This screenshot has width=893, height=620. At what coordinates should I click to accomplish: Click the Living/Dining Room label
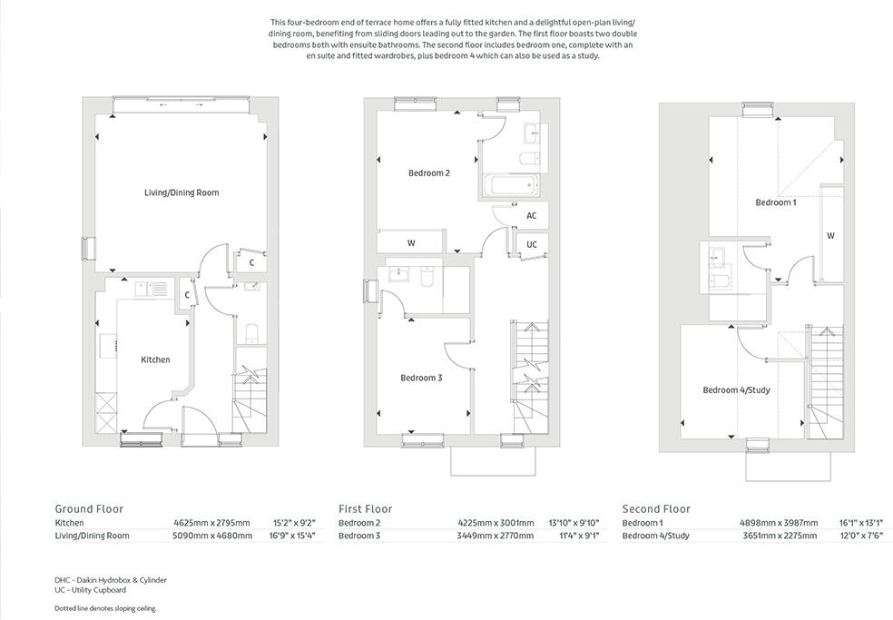tap(182, 192)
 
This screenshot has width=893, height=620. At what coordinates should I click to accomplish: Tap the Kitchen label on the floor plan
tap(155, 359)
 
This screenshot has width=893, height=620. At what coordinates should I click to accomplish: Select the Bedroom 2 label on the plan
tap(428, 173)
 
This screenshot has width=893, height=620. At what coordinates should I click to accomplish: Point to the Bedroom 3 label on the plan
tap(421, 378)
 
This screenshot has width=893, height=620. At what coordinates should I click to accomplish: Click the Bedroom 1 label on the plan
tap(775, 202)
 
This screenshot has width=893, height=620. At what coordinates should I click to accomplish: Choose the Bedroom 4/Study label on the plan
tap(736, 390)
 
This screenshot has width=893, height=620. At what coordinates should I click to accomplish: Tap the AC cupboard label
tap(531, 216)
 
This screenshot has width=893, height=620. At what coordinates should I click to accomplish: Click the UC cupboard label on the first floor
tap(531, 245)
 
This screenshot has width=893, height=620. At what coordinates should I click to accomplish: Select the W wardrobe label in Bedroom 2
tap(411, 243)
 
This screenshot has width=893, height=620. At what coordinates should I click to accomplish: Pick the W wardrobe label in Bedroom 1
tap(830, 235)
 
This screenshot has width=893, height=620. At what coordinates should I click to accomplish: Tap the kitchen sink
tap(149, 289)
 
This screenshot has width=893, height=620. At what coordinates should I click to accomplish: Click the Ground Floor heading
tap(89, 509)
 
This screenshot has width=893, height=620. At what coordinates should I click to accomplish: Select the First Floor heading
tap(365, 509)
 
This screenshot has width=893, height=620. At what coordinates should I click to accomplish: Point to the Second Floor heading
tap(656, 509)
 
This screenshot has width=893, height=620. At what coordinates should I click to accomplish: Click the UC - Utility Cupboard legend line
tap(90, 590)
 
